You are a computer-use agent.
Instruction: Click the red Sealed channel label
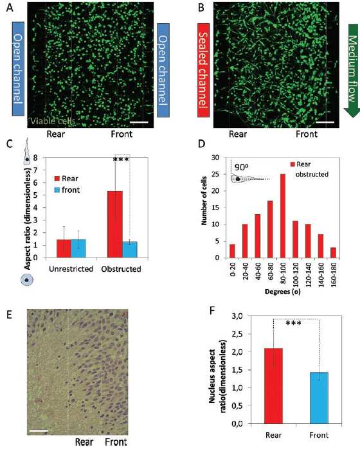pos(203,70)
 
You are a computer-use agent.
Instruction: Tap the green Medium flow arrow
pos(352,71)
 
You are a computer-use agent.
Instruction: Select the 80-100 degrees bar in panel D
pos(283,216)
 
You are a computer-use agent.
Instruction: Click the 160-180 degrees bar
pos(333,253)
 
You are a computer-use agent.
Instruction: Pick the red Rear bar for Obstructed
pos(115,224)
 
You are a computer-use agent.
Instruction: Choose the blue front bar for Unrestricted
pos(78,248)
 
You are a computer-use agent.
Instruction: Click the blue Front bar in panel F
pos(319,398)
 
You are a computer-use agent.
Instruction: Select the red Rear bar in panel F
pos(273,386)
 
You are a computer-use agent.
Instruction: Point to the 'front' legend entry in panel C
pos(67,190)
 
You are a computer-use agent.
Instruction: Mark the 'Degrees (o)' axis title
pos(283,292)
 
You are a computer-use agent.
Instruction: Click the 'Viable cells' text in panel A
pos(53,121)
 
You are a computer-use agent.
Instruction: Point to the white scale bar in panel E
pos(39,431)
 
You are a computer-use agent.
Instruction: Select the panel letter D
pos(201,144)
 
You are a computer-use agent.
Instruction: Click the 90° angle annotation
pos(242,167)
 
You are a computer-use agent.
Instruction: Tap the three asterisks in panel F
pos(294,323)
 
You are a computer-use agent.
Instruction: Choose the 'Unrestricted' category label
pos(71,269)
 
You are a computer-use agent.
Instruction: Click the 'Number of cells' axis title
pos(204,200)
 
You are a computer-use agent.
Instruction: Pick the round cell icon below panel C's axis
pos(27,280)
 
